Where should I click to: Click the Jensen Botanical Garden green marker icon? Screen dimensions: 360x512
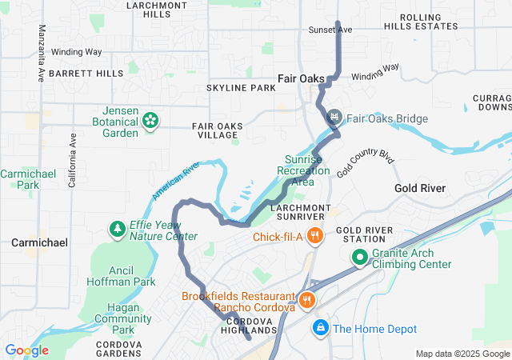click(150, 121)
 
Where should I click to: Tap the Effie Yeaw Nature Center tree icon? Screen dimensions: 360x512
click(118, 230)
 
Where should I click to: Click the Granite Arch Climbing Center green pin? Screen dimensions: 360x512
click(359, 258)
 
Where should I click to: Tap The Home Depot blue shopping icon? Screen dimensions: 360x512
click(320, 327)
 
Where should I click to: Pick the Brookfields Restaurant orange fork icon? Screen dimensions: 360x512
click(307, 301)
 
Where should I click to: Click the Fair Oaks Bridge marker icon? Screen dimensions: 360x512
click(334, 118)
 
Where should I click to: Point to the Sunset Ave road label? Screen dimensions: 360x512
click(330, 30)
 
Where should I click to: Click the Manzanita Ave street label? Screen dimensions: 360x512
click(41, 54)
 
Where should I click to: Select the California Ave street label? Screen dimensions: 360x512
click(72, 159)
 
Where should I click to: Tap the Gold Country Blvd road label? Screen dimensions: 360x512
click(366, 162)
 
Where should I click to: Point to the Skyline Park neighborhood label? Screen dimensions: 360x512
click(240, 87)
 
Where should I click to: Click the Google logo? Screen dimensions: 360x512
click(27, 350)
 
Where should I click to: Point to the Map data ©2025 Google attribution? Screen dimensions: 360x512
click(462, 354)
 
